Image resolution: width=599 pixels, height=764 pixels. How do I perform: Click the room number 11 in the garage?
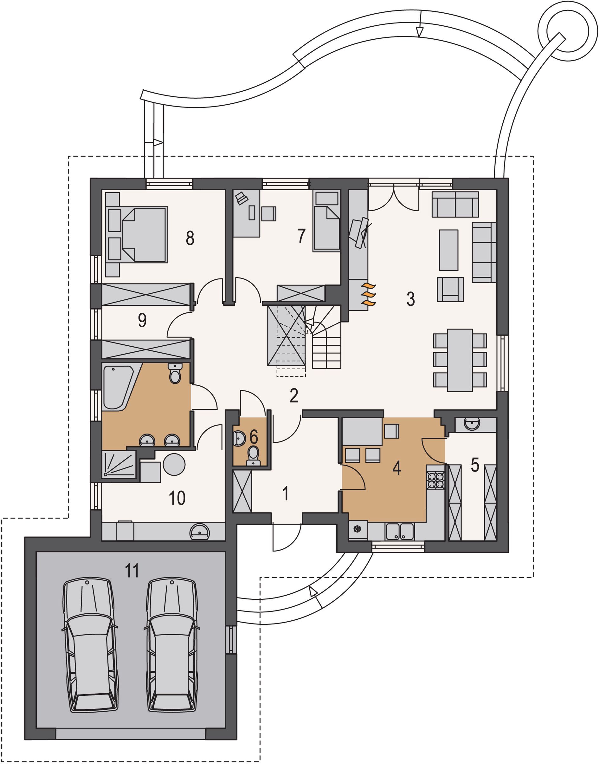point(132,570)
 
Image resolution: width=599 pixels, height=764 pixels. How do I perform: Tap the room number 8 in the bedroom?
point(190,238)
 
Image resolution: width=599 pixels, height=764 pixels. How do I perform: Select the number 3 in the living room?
point(411,299)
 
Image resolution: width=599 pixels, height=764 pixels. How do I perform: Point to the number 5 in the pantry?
point(475,465)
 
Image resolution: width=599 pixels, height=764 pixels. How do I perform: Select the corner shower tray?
point(119,464)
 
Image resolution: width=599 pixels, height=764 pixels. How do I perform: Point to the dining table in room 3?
point(460,360)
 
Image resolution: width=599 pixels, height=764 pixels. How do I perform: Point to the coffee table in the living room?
point(449,250)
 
